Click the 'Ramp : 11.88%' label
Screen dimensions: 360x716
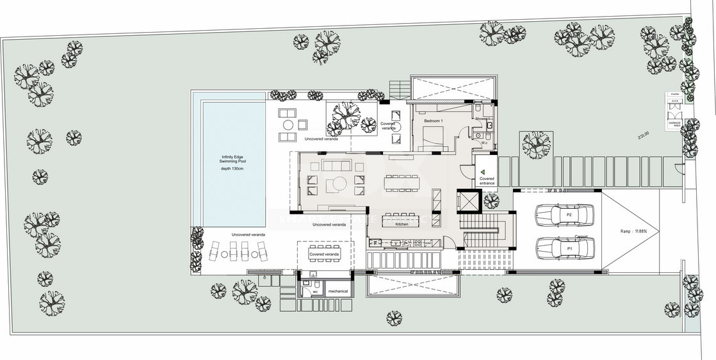coord(633,231)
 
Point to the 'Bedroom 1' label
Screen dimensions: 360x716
coord(434,120)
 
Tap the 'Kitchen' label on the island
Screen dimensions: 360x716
coord(402,225)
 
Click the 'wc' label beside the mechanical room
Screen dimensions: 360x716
coord(315,291)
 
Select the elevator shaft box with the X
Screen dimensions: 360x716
coord(469,202)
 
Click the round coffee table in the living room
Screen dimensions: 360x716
coord(333,185)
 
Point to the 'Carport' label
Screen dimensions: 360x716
coord(581,236)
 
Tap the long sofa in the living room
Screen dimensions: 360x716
coord(333,166)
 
